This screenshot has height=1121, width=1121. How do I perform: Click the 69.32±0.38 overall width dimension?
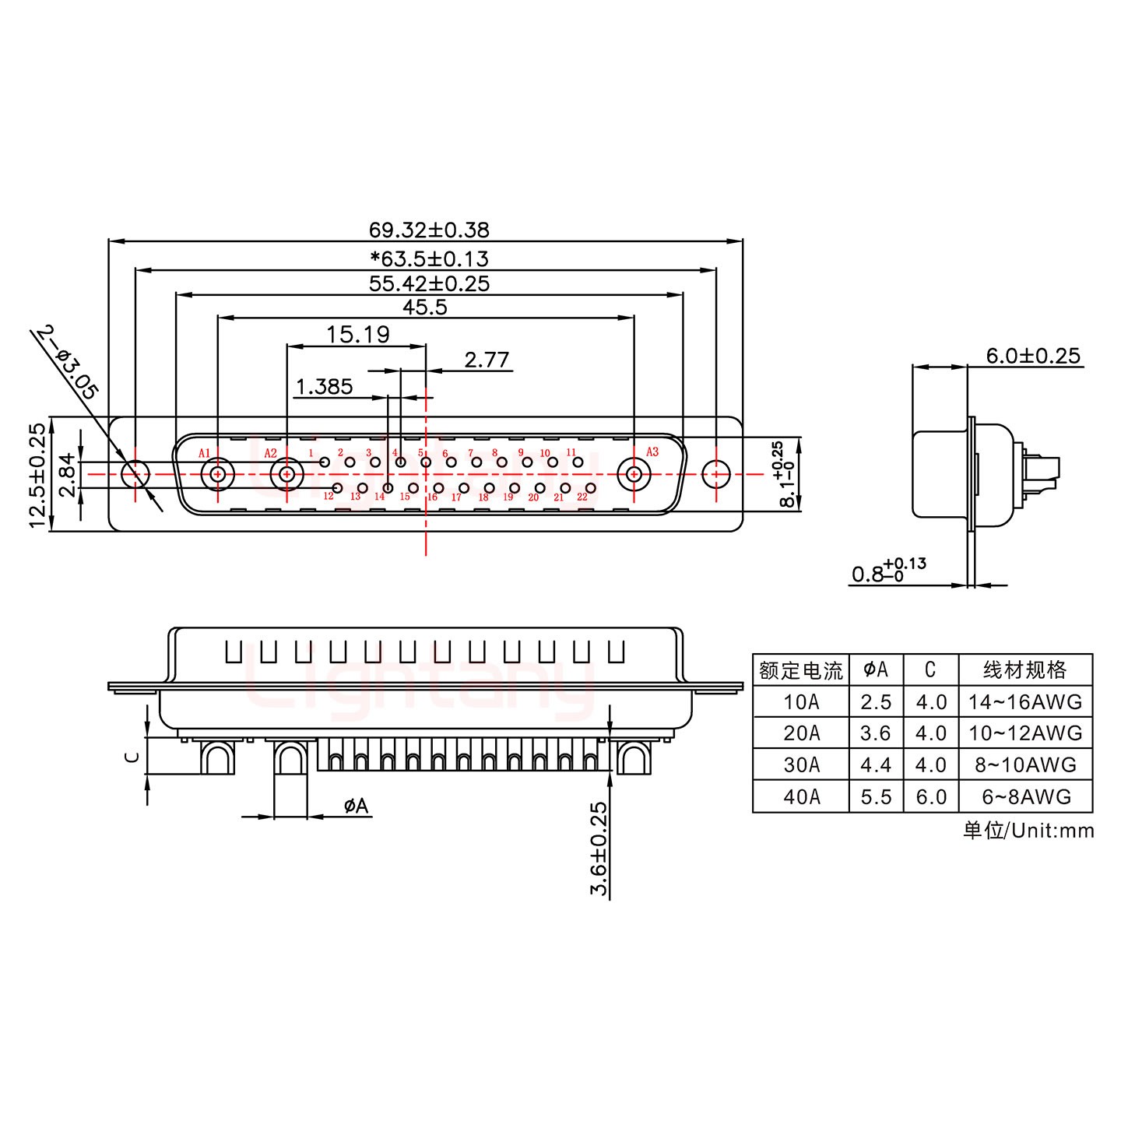(x=429, y=230)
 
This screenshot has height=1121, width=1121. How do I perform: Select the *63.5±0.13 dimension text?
(x=429, y=258)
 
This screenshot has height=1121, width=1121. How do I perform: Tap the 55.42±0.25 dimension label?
(x=429, y=283)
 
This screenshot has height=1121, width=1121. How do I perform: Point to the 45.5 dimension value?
(x=425, y=307)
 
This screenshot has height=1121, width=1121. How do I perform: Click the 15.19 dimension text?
(x=357, y=335)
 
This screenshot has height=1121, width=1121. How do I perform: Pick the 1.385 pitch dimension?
(x=325, y=386)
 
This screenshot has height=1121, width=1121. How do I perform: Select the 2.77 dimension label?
(x=487, y=360)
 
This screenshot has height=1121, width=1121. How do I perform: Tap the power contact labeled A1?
(x=217, y=473)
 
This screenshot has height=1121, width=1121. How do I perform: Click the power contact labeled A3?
(x=634, y=473)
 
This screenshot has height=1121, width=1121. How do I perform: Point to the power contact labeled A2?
(x=286, y=473)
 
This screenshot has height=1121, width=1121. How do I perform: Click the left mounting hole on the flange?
(x=135, y=473)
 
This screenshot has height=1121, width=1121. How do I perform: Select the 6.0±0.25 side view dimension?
(x=1033, y=356)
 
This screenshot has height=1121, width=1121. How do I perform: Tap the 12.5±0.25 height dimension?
(x=38, y=475)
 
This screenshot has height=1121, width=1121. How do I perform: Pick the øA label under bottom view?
(x=356, y=806)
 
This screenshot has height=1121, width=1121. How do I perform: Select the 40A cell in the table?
(x=801, y=797)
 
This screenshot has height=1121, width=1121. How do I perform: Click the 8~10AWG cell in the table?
(x=1024, y=765)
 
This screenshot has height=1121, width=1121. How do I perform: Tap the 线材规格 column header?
(x=1024, y=669)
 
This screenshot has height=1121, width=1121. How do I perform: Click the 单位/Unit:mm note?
(x=1028, y=831)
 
